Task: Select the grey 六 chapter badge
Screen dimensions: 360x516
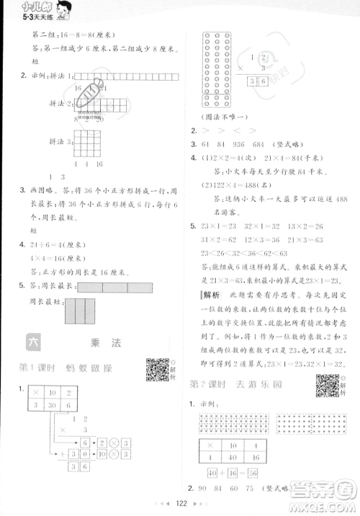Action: point(33,342)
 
